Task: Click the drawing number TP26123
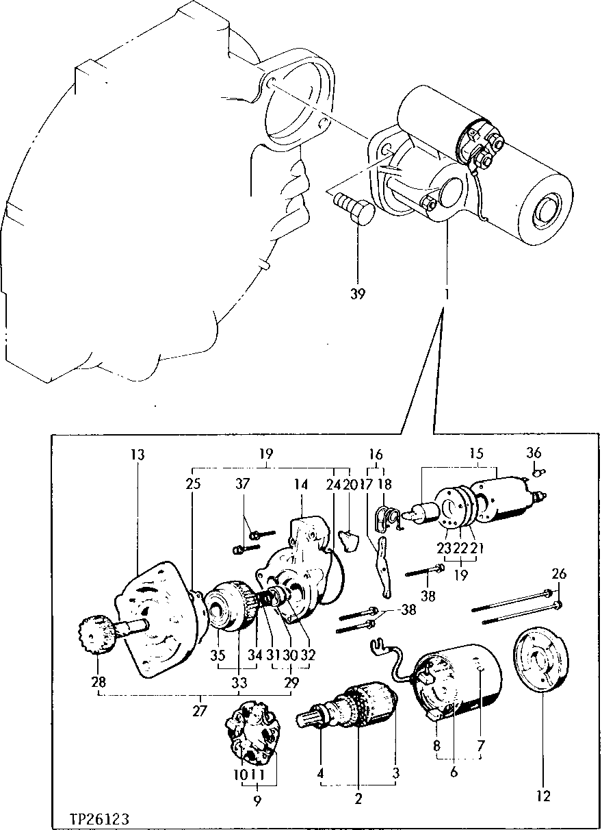pos(99,818)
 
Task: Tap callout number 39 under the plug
pos(358,294)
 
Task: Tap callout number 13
pos(139,454)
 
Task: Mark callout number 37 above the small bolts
pos(242,483)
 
